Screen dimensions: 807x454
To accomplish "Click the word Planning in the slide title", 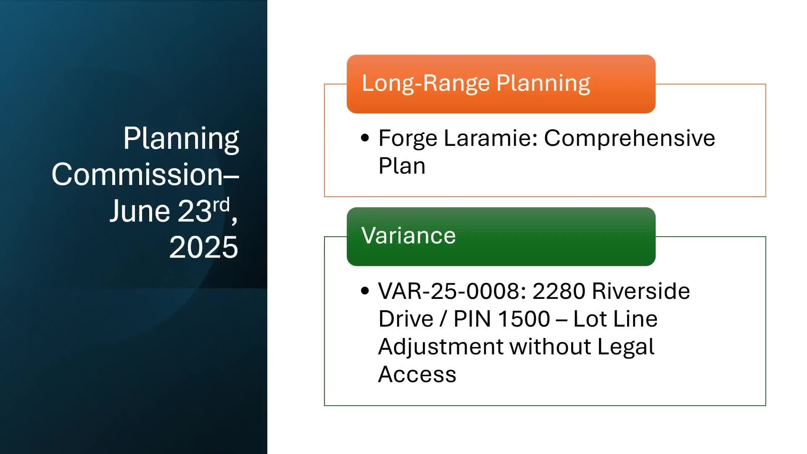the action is click(181, 139).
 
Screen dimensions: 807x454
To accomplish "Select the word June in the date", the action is click(140, 211).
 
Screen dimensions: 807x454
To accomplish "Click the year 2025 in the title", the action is click(203, 247).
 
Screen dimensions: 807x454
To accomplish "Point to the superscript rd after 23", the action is click(221, 205).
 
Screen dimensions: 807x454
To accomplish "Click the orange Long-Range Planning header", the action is click(501, 84).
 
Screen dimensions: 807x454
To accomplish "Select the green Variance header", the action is click(501, 237).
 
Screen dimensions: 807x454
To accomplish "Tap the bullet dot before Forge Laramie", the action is click(365, 138).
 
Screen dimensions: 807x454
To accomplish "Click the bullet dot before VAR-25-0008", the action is click(365, 290).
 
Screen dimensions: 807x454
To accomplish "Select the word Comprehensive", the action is click(630, 139).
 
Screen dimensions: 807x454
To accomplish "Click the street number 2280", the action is click(559, 291).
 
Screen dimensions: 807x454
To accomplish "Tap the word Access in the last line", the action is click(417, 374).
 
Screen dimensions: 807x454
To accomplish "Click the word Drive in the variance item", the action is click(406, 319).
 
